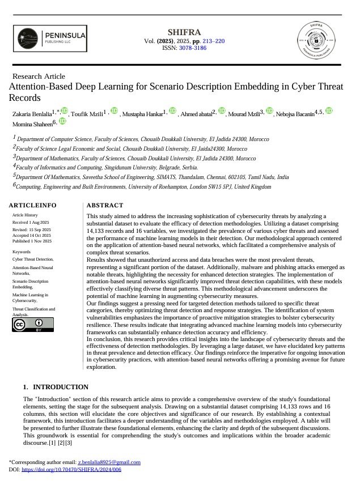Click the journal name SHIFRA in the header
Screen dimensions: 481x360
[184, 32]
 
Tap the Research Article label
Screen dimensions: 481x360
[39, 76]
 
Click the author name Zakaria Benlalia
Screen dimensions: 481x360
[31, 114]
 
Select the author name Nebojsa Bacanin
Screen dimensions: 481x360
[295, 114]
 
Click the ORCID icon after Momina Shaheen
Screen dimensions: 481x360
[62, 121]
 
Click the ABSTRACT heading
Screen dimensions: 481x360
[105, 205]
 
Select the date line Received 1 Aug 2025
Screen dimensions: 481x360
[31, 223]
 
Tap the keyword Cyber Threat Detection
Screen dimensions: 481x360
[33, 258]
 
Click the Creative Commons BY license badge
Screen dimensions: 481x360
[33, 324]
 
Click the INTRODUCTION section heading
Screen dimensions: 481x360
[60, 387]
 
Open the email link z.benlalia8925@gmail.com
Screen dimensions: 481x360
[109, 462]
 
